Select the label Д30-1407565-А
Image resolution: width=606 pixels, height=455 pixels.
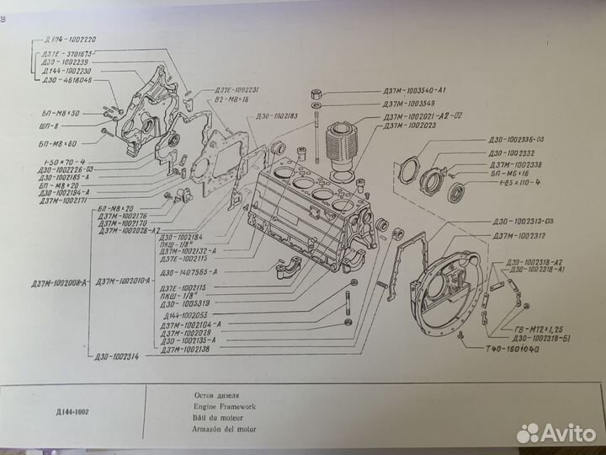[x=187, y=272]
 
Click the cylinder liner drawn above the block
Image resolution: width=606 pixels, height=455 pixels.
[x=341, y=147]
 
